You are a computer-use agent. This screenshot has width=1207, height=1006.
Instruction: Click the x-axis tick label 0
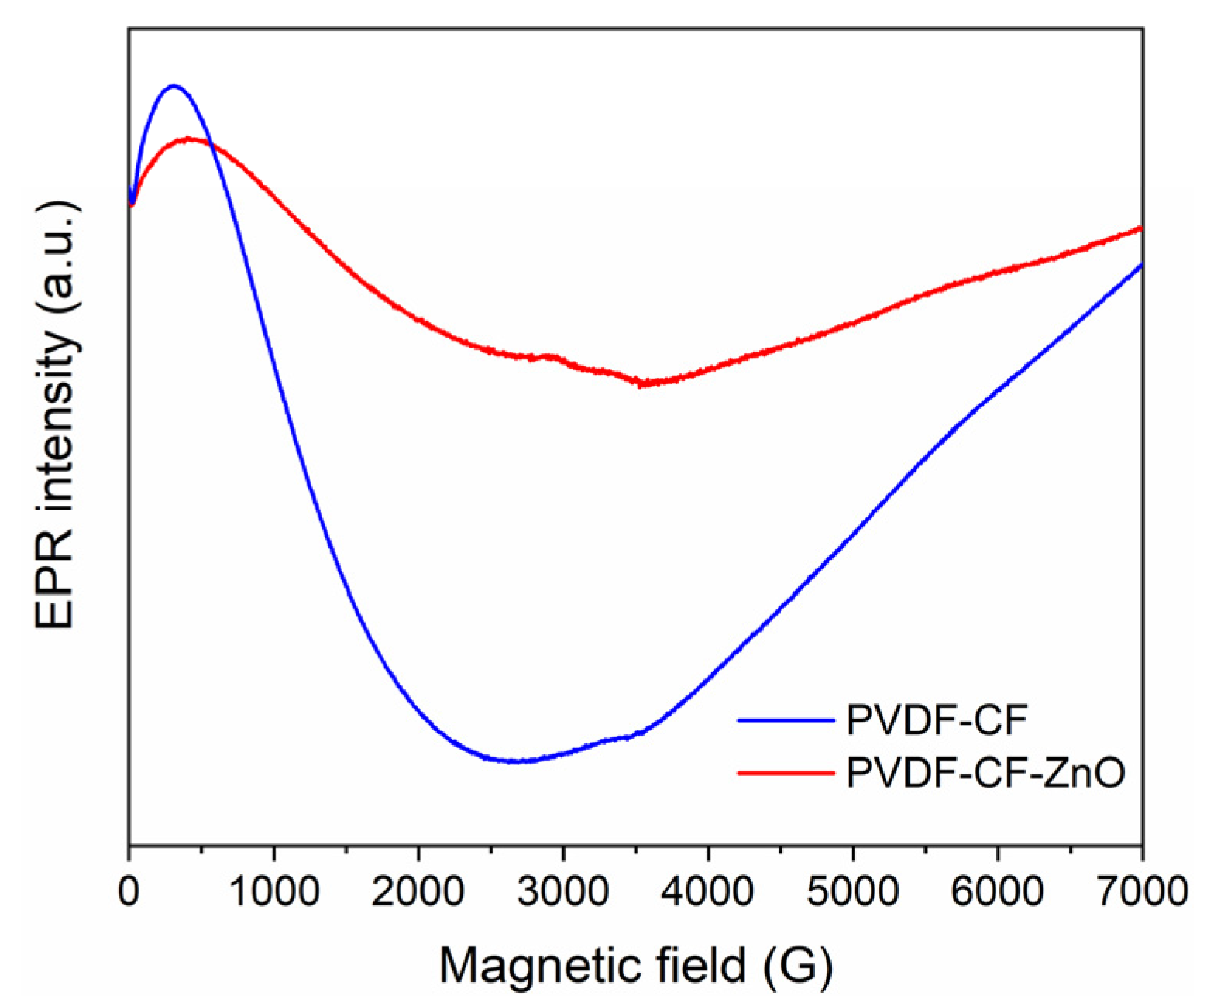click(129, 891)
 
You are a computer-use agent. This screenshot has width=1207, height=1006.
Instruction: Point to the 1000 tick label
click(273, 891)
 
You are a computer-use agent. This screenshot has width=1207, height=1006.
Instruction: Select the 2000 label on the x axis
click(418, 891)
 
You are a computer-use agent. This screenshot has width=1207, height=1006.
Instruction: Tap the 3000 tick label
click(562, 891)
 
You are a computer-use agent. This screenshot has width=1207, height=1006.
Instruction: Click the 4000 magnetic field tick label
click(707, 891)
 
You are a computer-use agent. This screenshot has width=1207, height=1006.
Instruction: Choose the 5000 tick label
click(852, 891)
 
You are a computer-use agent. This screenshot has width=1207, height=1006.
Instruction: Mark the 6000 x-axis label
click(997, 891)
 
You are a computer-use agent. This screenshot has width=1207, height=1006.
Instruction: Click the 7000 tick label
click(1141, 891)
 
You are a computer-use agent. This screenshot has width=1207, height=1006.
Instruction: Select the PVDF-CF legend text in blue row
click(937, 719)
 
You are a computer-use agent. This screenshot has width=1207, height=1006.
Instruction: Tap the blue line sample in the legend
click(785, 719)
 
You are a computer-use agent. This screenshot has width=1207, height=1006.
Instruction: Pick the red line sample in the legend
click(785, 772)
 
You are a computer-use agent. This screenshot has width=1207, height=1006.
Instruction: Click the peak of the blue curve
click(174, 85)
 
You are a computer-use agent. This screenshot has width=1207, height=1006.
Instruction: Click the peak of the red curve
click(190, 139)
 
